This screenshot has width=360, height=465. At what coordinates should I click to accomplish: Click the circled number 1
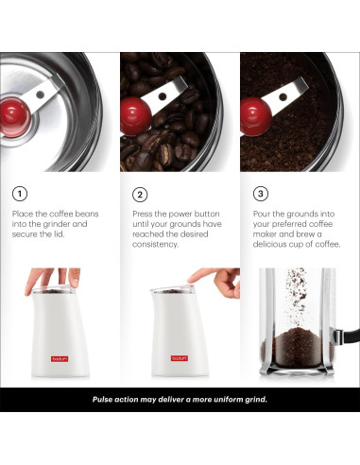point(20,194)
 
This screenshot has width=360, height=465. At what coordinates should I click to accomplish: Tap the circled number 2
point(140,194)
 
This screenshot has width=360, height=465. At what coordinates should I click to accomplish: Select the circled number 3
point(261,194)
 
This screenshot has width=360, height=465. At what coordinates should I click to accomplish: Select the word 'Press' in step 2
point(144,215)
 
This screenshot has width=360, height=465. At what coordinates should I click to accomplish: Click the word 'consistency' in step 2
point(156,244)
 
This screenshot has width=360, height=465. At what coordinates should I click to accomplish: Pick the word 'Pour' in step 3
point(263,215)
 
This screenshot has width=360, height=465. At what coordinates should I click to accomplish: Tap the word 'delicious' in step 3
point(272,244)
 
